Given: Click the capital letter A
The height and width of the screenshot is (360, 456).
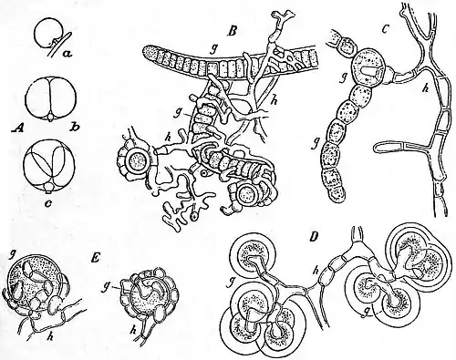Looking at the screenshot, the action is [x=18, y=129].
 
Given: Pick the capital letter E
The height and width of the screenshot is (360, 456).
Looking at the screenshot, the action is [x=96, y=260].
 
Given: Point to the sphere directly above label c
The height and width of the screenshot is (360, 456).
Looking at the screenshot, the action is [x=49, y=166].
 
